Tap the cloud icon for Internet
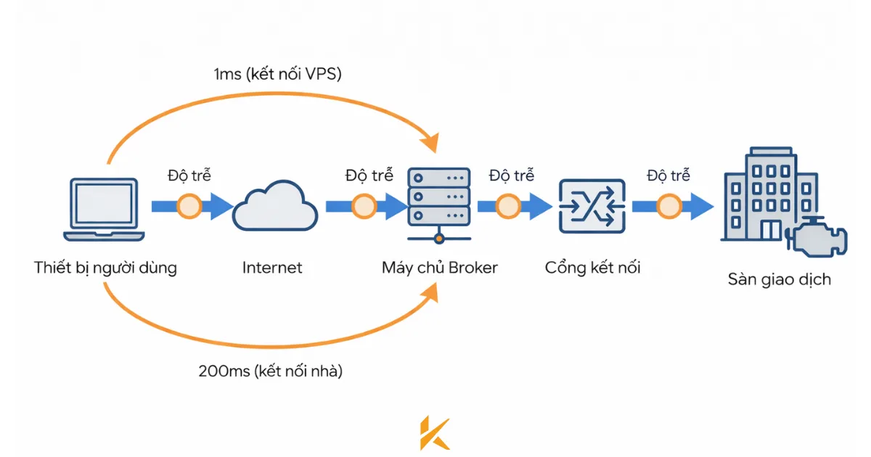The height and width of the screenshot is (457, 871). click(x=275, y=207)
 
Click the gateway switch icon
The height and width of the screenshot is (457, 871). click(x=592, y=207)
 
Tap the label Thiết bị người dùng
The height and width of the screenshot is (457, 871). click(x=106, y=268)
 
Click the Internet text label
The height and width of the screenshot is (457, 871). click(x=272, y=268)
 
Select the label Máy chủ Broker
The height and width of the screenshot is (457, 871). click(x=440, y=268)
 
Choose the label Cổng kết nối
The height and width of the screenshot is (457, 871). click(x=593, y=268)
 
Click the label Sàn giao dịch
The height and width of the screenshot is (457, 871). click(x=779, y=279)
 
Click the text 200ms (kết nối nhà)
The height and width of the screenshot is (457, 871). click(x=270, y=371)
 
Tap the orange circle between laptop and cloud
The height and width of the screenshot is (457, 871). click(x=189, y=207)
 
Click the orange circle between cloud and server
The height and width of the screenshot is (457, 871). click(x=364, y=207)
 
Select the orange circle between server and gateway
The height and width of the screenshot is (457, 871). click(x=508, y=207)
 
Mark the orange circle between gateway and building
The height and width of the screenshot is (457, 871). click(x=669, y=207)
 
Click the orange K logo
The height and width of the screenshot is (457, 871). click(x=435, y=433)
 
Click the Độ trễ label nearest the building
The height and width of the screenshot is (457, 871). click(x=668, y=175)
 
